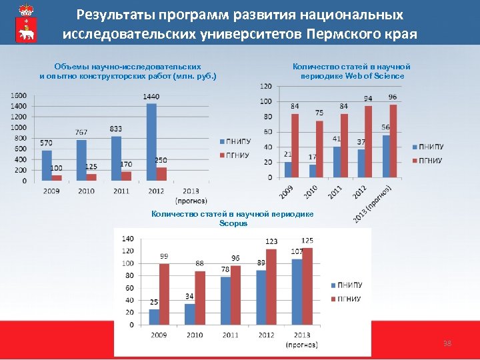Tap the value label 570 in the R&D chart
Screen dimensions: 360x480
(46, 143)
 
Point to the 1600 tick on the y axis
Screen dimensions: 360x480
(19, 95)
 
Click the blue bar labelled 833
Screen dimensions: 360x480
(117, 158)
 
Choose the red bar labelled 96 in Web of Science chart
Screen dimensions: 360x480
(393, 141)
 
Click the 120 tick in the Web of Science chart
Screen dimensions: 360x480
(266, 86)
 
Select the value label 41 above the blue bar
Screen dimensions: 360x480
(337, 139)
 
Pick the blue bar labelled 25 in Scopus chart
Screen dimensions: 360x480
(154, 317)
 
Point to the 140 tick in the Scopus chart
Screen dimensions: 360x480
(127, 238)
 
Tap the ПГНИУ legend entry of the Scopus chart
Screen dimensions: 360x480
(349, 299)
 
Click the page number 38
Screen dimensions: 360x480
(447, 343)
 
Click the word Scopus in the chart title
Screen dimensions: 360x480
(233, 223)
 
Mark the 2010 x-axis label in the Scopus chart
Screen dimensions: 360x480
(195, 334)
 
